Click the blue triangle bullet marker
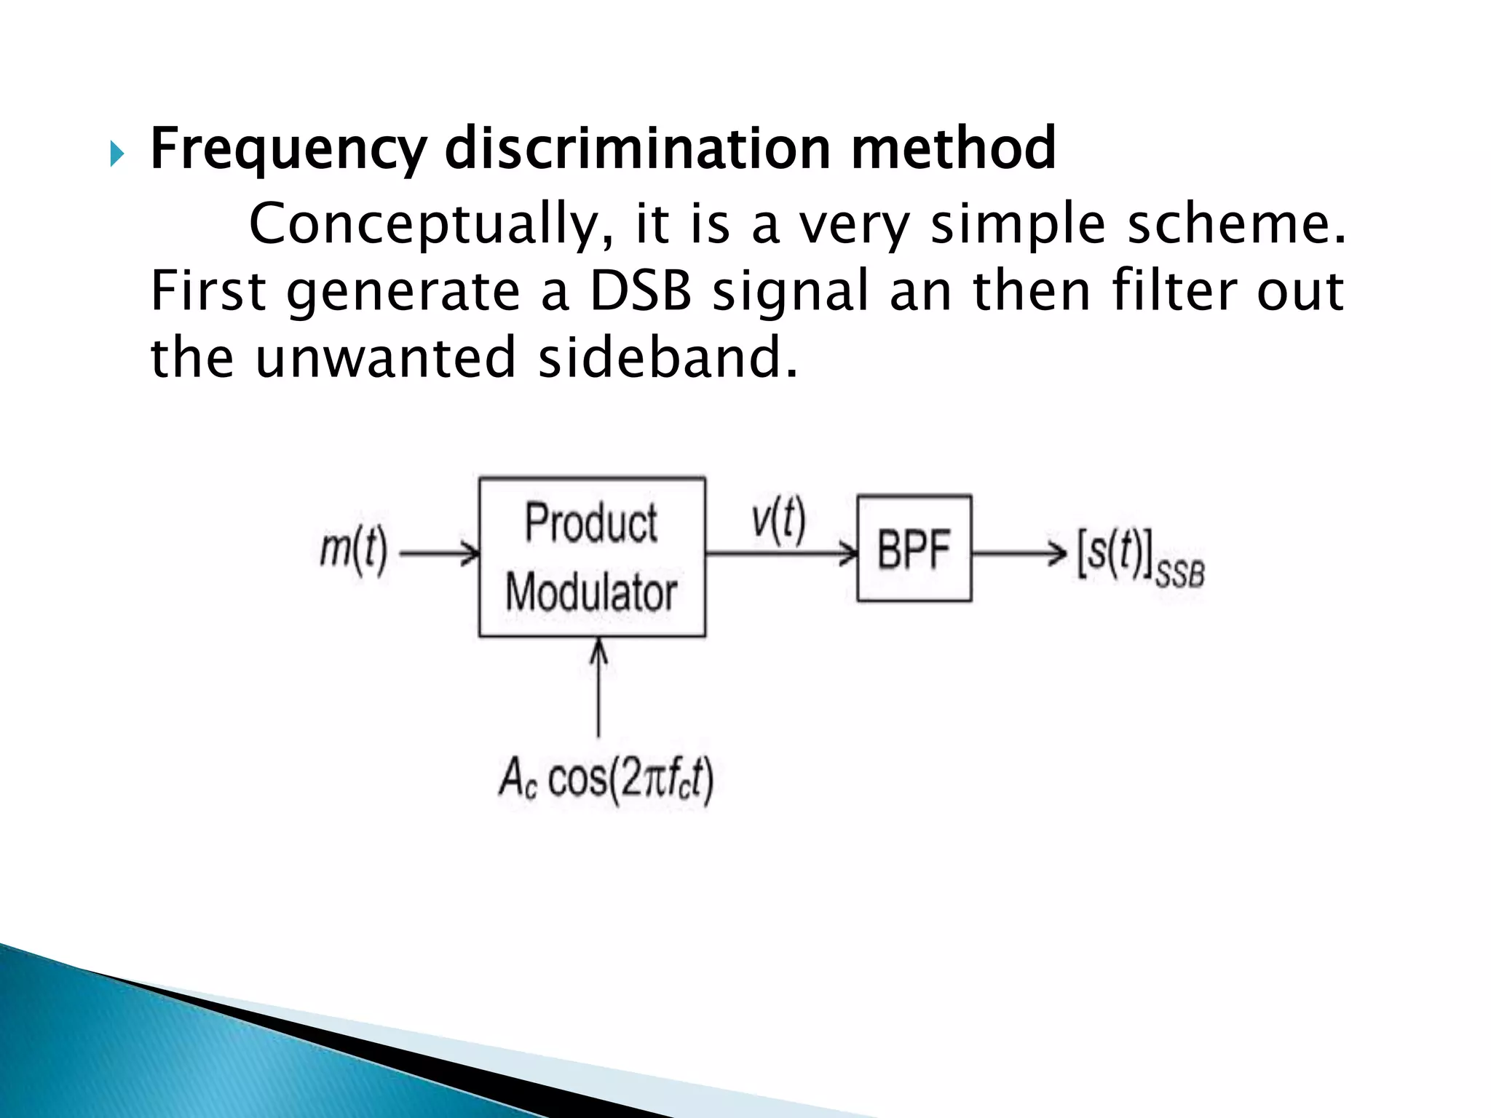117,154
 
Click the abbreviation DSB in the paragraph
640,291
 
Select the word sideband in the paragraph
666,358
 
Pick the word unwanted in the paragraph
386,358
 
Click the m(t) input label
354,550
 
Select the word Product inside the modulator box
591,523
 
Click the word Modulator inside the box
591,592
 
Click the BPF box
914,549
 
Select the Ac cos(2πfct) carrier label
606,780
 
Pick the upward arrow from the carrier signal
598,688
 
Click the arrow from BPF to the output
1019,553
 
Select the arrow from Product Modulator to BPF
781,554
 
